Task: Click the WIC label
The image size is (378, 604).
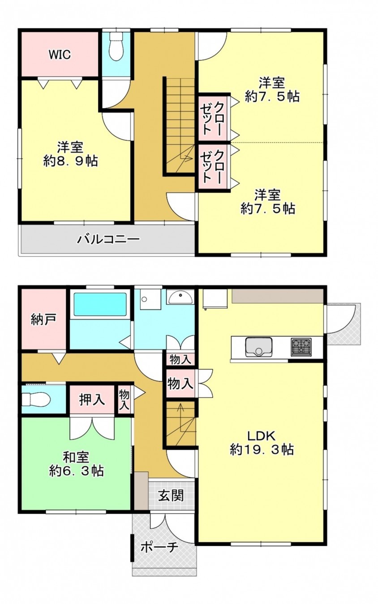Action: (59, 55)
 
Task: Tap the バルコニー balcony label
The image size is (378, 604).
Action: (108, 239)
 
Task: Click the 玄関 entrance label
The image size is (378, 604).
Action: (171, 495)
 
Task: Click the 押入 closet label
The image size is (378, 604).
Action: (92, 399)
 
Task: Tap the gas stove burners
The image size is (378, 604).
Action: (301, 347)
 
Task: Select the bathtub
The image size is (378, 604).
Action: (100, 304)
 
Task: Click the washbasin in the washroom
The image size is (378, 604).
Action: (180, 297)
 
